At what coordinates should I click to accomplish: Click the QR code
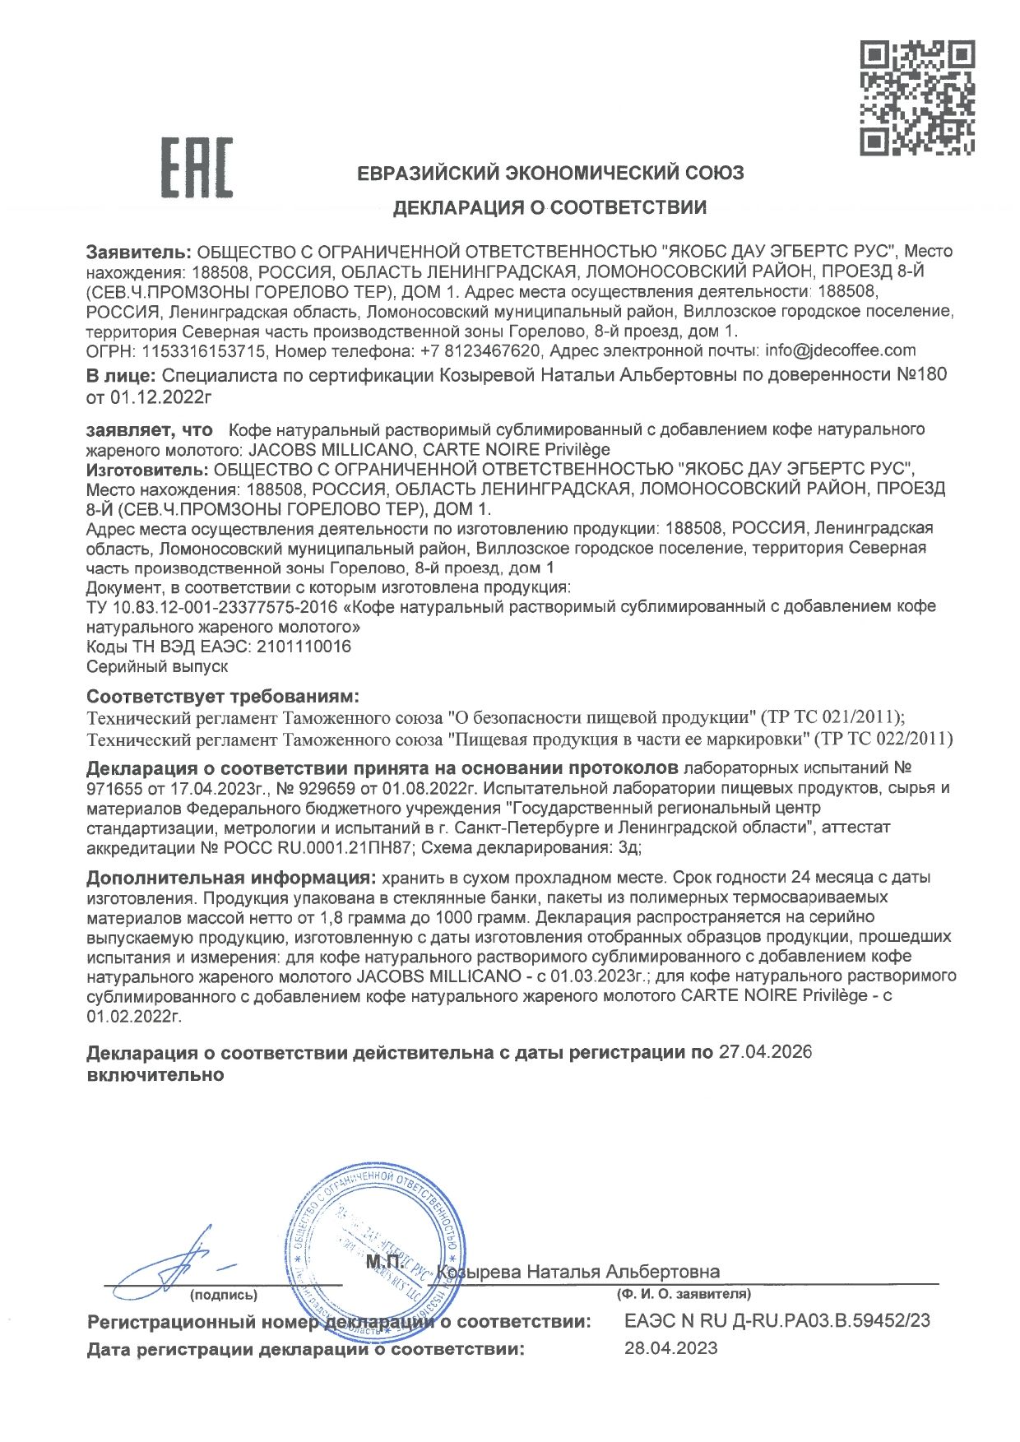pos(917,98)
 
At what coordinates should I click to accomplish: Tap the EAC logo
pos(196,168)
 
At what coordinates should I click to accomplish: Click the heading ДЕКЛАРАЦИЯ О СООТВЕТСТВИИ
pos(549,207)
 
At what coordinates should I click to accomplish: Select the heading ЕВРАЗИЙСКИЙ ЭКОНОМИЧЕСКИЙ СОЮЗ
pos(550,174)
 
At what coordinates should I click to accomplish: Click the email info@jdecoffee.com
pos(840,350)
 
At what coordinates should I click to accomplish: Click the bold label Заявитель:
pos(139,252)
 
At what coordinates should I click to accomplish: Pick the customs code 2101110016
pos(304,647)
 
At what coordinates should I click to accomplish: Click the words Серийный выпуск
pos(157,666)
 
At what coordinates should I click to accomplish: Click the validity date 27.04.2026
pos(765,1052)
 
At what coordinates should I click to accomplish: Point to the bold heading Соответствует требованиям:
pos(223,697)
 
